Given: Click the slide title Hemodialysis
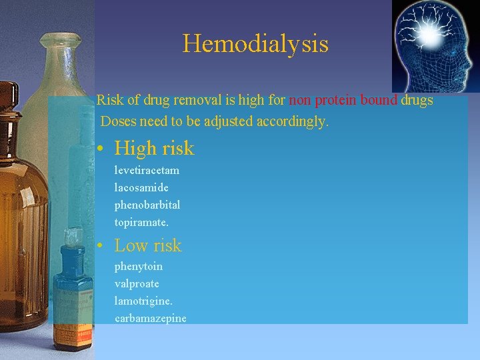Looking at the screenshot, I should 255,44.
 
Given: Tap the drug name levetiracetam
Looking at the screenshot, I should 147,170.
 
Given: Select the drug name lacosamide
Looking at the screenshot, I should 141,187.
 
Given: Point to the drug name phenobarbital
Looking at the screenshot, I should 147,205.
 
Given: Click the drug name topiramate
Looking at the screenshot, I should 141,222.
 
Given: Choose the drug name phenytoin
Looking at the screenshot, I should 138,267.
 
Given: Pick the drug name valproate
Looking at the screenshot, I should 137,284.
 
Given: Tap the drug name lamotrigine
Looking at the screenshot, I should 143,301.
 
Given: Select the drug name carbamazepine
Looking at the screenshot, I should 150,319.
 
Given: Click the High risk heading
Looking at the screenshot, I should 154,148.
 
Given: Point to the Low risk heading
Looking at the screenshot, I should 147,246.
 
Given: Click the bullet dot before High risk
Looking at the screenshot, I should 99,149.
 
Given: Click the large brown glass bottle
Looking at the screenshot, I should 20,200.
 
